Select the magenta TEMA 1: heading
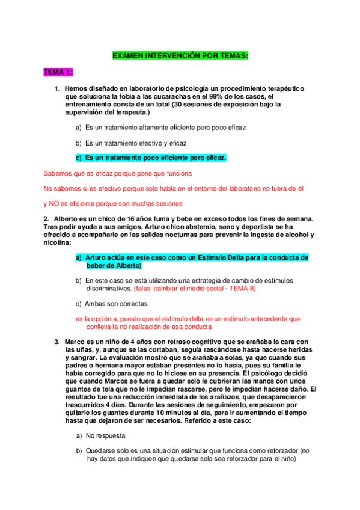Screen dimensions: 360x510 (58, 72)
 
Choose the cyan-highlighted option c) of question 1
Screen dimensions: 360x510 (151, 158)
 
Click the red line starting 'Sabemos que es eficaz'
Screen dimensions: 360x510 (118, 173)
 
